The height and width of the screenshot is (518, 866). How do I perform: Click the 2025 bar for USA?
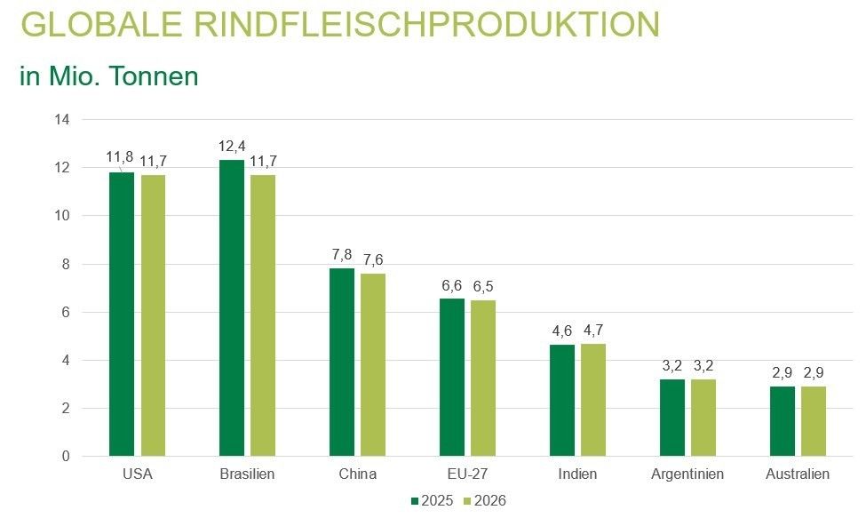(122, 315)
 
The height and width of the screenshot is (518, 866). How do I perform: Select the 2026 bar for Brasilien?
(263, 315)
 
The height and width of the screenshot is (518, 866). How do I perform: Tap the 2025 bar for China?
(342, 363)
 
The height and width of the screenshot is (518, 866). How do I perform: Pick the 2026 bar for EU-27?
(483, 379)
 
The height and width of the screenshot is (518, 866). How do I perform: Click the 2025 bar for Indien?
(562, 401)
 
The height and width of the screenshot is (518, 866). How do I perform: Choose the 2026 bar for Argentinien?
(703, 418)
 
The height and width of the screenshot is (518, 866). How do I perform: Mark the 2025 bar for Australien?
(783, 421)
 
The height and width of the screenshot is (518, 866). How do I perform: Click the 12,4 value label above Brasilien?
(232, 146)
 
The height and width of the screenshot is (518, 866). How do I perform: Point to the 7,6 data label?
(373, 259)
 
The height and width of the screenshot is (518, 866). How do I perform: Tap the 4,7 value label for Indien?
(593, 330)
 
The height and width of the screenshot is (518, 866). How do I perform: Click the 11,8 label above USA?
(120, 157)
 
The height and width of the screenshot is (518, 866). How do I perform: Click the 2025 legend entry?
(433, 501)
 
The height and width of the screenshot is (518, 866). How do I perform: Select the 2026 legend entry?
(484, 501)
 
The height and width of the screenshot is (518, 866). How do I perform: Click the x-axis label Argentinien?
(687, 474)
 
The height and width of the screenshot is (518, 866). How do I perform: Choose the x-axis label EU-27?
(467, 474)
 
